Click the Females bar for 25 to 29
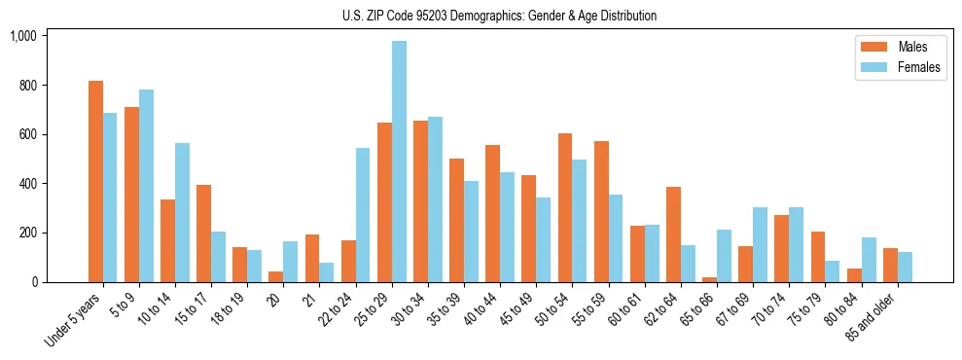(x=399, y=162)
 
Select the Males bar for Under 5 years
(x=95, y=182)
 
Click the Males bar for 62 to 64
(x=673, y=234)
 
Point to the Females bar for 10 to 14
(x=182, y=212)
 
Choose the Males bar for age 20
(x=276, y=276)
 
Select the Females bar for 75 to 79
(x=833, y=271)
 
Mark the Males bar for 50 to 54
(x=565, y=208)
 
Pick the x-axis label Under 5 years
(x=75, y=321)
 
